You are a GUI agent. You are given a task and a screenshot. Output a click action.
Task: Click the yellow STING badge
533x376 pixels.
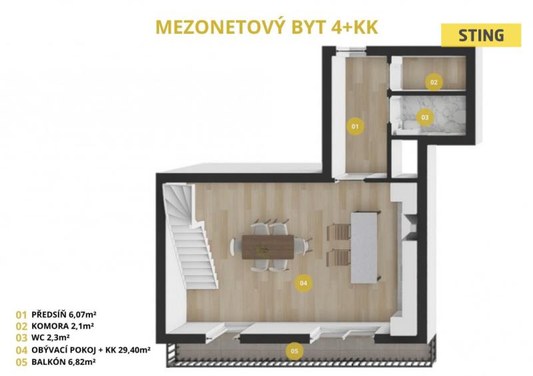point(481,35)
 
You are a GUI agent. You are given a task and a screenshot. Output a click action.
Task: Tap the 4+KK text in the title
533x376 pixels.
point(354,27)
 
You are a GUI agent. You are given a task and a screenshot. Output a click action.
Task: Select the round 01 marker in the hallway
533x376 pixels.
point(355,126)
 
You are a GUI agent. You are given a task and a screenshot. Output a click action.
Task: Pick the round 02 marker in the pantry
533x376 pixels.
point(434,83)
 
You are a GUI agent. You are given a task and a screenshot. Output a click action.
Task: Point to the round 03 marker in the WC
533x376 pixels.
point(425,118)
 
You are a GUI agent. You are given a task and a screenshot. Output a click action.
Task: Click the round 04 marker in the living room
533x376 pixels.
point(303,283)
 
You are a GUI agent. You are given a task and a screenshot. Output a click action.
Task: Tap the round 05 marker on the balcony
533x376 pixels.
point(294,351)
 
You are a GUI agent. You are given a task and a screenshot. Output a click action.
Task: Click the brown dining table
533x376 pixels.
point(268,247)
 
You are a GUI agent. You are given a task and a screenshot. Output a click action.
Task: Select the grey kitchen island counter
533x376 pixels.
point(364,248)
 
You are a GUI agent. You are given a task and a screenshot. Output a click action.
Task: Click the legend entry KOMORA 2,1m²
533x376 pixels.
point(63,326)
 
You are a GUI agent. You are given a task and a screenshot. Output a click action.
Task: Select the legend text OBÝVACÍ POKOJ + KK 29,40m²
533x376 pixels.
point(91,350)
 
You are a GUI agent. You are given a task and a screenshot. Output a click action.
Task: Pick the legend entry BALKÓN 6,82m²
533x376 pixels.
point(63,362)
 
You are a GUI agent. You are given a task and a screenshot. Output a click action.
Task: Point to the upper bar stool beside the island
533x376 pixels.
point(338,233)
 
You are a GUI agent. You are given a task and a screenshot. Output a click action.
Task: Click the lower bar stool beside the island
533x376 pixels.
point(338,258)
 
